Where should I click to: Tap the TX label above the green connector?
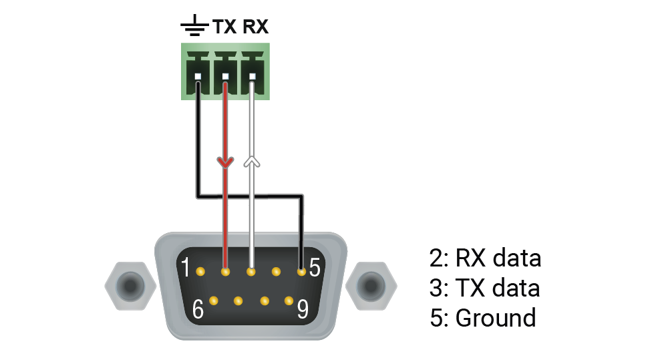pos(224,27)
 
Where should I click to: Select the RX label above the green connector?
pos(255,27)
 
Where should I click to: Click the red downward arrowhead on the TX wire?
pos(225,162)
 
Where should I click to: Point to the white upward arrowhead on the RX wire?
pos(251,161)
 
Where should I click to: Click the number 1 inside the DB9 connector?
pos(186,269)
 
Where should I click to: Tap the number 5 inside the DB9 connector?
pos(315,268)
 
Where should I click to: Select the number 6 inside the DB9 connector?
pos(198,309)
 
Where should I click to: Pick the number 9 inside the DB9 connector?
pos(303,309)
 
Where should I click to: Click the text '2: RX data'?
pos(484,258)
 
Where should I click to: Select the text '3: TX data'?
pos(484,288)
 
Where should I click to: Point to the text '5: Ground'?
pos(482,318)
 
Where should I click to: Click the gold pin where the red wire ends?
pos(225,272)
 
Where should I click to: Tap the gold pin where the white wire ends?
pos(251,272)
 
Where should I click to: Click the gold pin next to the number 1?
pos(200,272)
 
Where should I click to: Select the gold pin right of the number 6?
pos(214,301)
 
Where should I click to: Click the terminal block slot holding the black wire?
pos(198,76)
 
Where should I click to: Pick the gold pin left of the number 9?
pos(289,301)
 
